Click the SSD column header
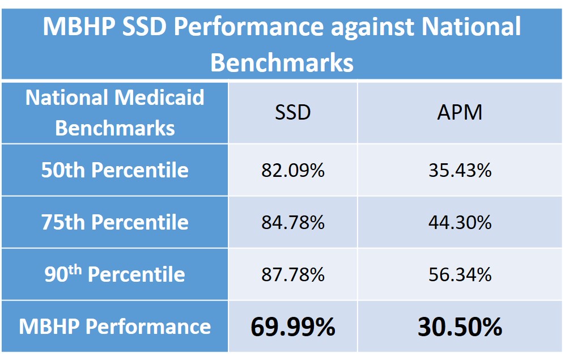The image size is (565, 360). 293,112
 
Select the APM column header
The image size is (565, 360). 460,112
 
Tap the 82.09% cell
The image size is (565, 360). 293,171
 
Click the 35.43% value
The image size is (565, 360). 460,171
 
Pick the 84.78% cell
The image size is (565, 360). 293,223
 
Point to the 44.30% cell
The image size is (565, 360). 460,223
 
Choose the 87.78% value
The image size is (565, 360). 293,275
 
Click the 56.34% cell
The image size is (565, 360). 460,275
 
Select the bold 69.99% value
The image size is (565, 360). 293,327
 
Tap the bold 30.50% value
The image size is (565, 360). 460,327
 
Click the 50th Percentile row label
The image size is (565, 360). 114,170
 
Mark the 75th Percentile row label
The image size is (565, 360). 114,222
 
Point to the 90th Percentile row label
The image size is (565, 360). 114,274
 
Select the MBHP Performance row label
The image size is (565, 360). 114,327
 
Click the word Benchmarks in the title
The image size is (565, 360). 282,63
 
